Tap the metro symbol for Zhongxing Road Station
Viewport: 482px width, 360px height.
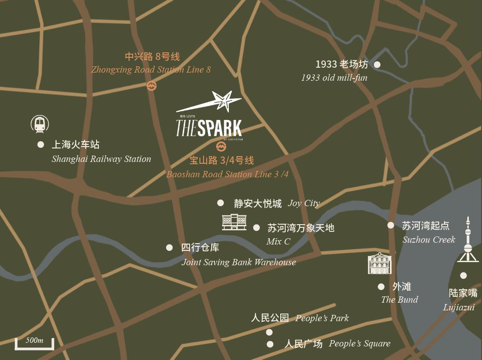(x=152, y=86)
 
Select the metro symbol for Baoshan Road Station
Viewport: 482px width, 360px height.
(x=221, y=146)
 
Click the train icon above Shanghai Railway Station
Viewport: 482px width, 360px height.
(x=40, y=124)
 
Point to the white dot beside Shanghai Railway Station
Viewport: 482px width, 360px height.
(x=41, y=144)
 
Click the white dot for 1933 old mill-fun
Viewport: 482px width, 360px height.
(x=377, y=65)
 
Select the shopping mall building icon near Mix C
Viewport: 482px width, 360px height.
(x=234, y=222)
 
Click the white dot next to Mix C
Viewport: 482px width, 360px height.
(x=256, y=228)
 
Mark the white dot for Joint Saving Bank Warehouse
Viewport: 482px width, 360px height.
(x=169, y=247)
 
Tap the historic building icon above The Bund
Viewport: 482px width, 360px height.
(x=380, y=263)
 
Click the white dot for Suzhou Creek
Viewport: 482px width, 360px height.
(x=391, y=225)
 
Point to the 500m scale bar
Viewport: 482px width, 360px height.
(x=34, y=344)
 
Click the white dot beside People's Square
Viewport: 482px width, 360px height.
(x=270, y=344)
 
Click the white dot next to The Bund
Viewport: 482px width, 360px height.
(x=381, y=287)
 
